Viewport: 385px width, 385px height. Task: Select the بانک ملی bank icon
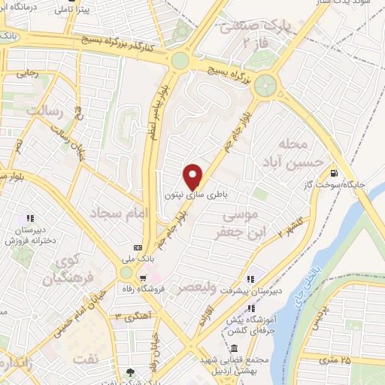point(138,247)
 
